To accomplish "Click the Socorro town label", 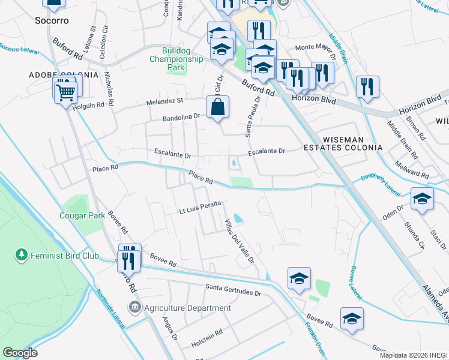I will (x=52, y=20).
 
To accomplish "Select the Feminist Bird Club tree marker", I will (x=22, y=256).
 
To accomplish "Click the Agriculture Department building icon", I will (x=134, y=308).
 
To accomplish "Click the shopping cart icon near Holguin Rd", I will (x=66, y=92).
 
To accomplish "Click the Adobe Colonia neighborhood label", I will (x=64, y=75).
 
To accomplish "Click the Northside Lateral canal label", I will (x=109, y=309).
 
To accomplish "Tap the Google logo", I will (x=20, y=352).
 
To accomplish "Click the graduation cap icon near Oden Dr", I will (x=422, y=199).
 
